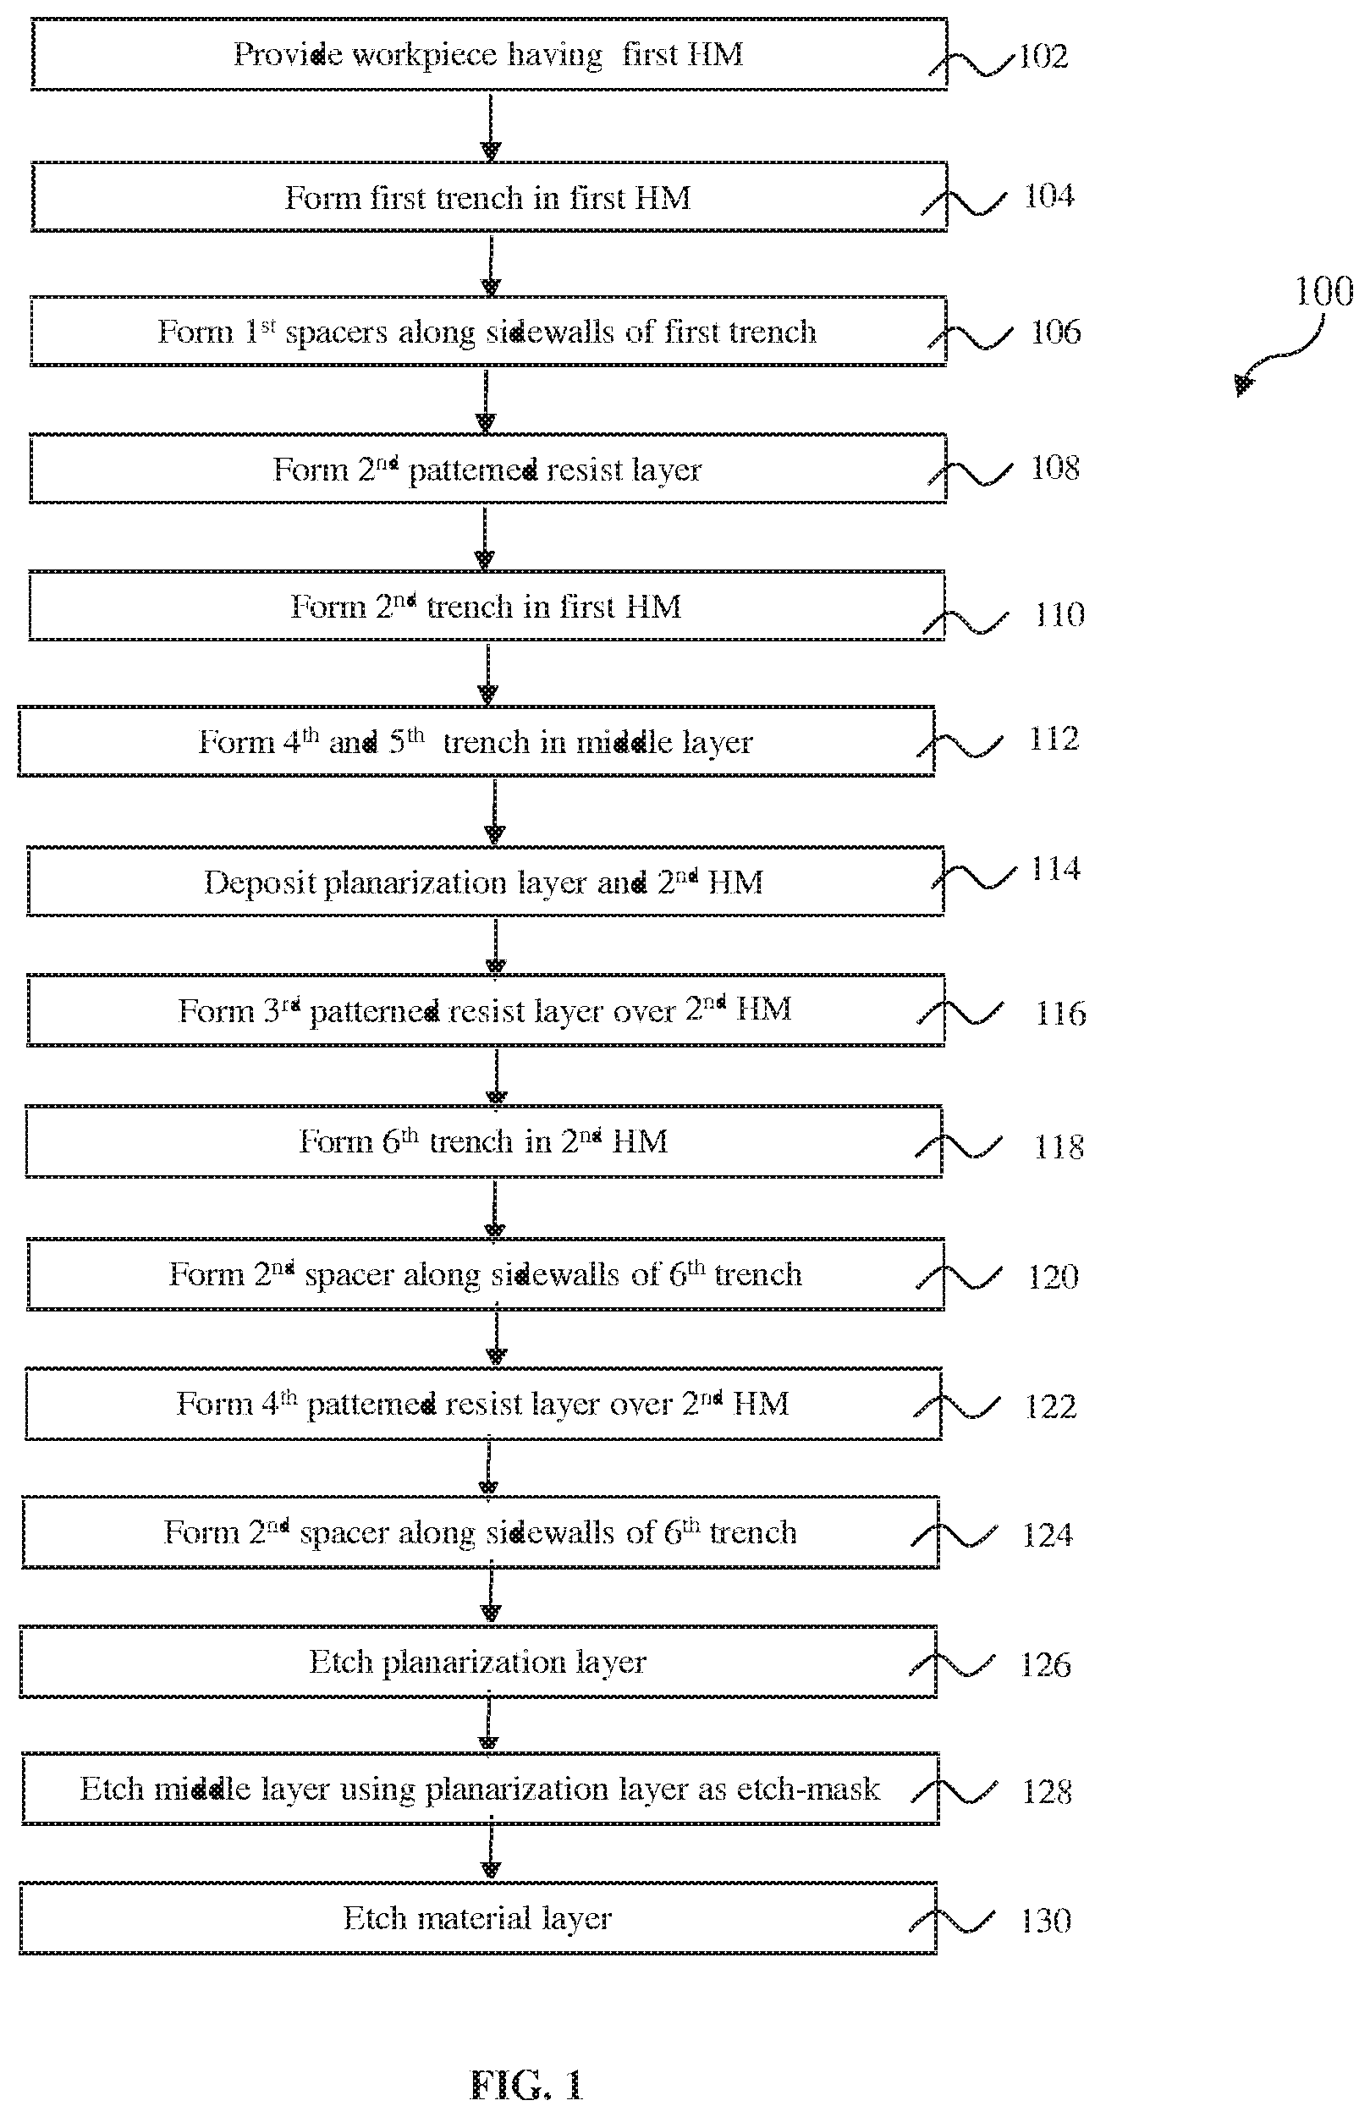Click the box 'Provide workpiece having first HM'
pos(488,53)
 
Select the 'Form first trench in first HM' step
pos(488,196)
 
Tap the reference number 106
pos(1056,332)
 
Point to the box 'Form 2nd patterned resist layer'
pos(487,469)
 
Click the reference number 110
pos(1059,614)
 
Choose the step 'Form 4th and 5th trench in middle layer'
pos(476,741)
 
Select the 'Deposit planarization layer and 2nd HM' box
pos(486,882)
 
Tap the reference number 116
pos(1061,1013)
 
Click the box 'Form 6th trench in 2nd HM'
pos(484,1141)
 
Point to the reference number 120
pos(1054,1277)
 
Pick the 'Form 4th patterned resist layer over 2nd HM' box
pos(483,1404)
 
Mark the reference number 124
pos(1048,1534)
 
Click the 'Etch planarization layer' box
pos(479,1662)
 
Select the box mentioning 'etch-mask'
pos(481,1789)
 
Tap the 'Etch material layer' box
pos(479,1918)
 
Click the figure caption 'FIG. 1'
pos(526,2084)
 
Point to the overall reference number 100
pos(1323,292)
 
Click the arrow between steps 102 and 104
pos(490,125)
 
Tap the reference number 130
pos(1046,1921)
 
